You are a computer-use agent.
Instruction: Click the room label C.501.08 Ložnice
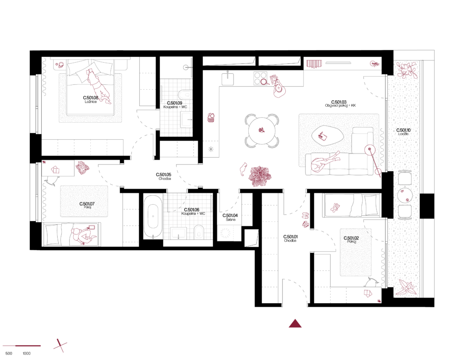pos(91,99)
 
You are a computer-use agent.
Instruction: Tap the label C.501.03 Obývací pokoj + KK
pos(340,104)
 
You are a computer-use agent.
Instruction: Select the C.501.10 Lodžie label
pos(403,132)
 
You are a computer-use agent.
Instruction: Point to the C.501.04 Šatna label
pos(230,218)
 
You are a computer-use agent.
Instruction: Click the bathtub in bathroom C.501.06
pos(153,217)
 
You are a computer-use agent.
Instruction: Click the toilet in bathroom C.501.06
pos(199,232)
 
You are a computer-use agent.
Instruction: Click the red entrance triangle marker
pos(295,323)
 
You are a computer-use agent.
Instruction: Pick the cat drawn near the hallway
pos(244,169)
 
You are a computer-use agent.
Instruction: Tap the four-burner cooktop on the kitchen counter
pos(260,78)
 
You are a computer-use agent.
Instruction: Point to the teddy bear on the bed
pos(335,207)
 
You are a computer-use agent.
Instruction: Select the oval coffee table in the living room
pos(327,136)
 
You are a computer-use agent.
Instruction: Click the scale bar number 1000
pos(27,354)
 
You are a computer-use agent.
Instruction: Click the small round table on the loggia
pos(405,196)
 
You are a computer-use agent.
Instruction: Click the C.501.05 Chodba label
pos(164,176)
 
